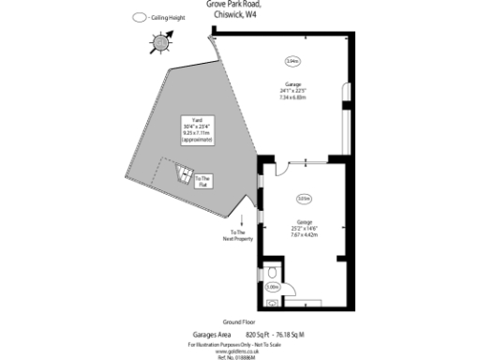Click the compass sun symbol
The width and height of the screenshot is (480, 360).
click(160, 41)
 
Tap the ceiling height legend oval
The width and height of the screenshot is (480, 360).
click(140, 18)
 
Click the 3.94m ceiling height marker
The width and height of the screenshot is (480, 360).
click(291, 61)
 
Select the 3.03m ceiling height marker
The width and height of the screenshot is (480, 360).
click(303, 199)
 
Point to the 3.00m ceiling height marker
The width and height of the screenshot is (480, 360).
click(273, 287)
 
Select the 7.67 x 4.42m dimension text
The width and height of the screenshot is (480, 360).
click(304, 235)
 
